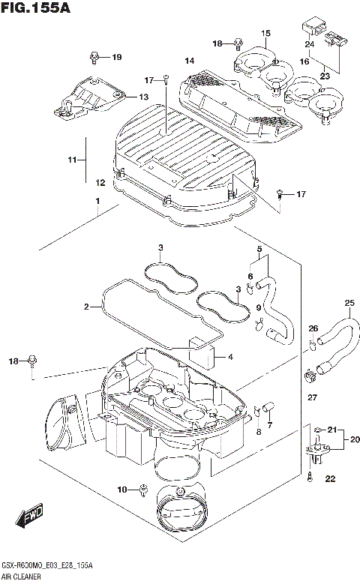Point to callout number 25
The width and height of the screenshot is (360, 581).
point(327,303)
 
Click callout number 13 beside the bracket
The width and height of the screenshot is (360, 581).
point(142,97)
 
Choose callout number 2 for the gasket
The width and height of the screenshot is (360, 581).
point(87,306)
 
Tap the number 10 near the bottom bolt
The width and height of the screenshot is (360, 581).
point(122,490)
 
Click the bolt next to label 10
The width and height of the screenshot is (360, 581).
point(142,490)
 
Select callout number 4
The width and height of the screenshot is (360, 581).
point(230,357)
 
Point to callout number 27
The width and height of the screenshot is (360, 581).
point(313,397)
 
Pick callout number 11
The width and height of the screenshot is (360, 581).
point(72,160)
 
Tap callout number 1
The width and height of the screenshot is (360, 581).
point(97,201)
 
